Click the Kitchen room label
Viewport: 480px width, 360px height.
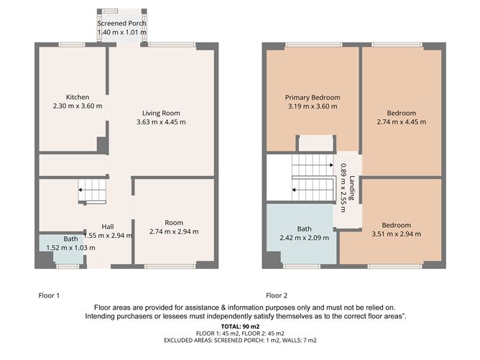point(78,97)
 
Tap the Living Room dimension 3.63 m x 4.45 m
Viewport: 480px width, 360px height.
point(161,122)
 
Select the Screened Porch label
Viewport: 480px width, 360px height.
point(121,23)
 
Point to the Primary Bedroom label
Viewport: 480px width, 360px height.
point(313,97)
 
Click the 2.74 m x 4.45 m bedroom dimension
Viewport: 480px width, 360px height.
point(402,122)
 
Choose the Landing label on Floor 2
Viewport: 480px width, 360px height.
point(352,188)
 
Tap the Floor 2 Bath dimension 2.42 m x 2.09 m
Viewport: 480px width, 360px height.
point(304,238)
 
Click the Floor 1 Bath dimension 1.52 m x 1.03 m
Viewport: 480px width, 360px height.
point(70,248)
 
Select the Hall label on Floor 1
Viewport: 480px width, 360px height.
point(108,227)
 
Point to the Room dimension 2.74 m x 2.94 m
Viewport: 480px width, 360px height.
point(174,231)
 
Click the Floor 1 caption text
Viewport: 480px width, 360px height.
point(49,295)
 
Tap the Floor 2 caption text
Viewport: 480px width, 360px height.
point(277,295)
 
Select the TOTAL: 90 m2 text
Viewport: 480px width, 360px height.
point(240,327)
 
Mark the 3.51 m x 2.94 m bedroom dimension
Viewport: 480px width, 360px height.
point(397,234)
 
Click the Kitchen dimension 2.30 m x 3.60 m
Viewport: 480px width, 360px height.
point(78,106)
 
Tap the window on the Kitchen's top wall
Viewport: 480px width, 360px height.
point(72,45)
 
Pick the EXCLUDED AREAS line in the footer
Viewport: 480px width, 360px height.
point(240,340)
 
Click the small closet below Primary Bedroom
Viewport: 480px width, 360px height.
point(316,143)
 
